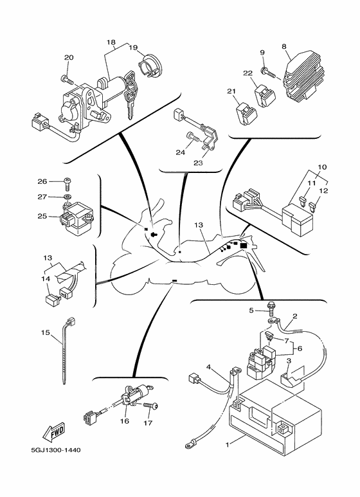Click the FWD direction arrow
53,432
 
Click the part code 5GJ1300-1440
56,450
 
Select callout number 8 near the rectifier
284,46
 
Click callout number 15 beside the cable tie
46,332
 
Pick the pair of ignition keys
130,94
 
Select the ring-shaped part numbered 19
150,66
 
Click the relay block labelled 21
246,113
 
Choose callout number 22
248,73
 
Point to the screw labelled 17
151,406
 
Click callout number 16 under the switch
125,421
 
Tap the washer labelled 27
67,197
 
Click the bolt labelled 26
67,183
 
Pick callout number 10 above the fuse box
322,167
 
